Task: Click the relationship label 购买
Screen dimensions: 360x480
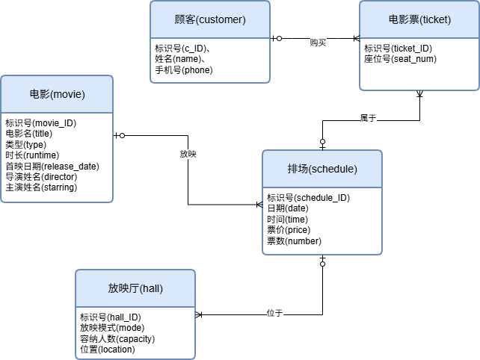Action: coord(319,43)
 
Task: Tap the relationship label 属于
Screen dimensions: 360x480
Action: coord(369,118)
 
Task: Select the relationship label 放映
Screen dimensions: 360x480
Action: coord(188,154)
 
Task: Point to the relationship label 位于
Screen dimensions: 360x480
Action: coord(275,313)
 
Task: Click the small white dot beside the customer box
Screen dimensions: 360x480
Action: coord(280,37)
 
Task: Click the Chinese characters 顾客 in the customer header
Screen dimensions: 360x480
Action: coord(185,19)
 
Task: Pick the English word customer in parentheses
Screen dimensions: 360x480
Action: coord(221,19)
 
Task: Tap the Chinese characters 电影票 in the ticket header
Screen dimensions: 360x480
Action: coord(404,19)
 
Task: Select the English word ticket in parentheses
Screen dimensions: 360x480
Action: coord(436,19)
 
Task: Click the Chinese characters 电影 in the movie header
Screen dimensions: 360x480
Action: coord(40,94)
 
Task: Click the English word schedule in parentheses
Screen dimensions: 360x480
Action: coord(333,169)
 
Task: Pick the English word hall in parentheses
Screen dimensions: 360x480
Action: coord(151,288)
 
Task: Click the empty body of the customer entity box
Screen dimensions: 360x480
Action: coord(210,60)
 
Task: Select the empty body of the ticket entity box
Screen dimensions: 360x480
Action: coord(419,63)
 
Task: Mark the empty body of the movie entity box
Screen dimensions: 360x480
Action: coord(57,157)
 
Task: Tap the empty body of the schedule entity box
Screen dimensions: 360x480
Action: coord(322,220)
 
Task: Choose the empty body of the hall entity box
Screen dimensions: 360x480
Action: coord(135,332)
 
